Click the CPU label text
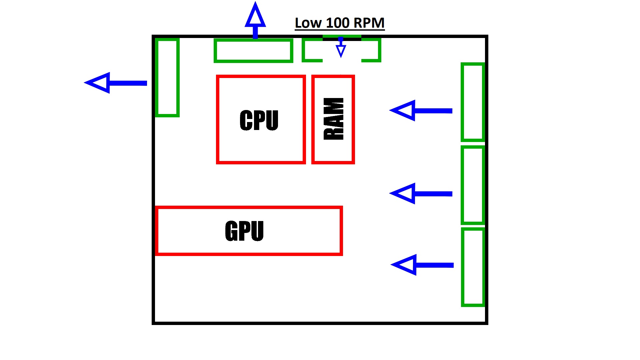point(259,120)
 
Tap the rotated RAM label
point(333,119)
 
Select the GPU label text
point(244,231)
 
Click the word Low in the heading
point(308,23)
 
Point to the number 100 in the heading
point(337,23)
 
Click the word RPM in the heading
point(369,23)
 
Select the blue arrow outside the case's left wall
point(115,83)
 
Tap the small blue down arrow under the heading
point(341,49)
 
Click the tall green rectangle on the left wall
point(167,78)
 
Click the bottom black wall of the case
point(320,323)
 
